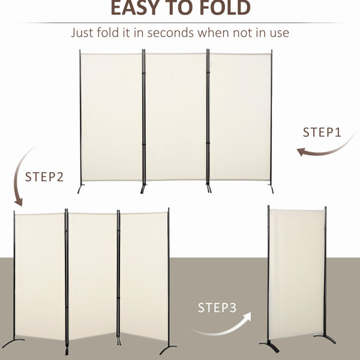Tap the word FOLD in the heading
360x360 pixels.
pyautogui.click(x=225, y=7)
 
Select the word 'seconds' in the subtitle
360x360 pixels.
pyautogui.click(x=170, y=32)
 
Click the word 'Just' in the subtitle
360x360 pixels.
pyautogui.click(x=82, y=32)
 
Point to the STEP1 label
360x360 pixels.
pyautogui.click(x=322, y=133)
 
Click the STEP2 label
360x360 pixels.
pyautogui.click(x=44, y=177)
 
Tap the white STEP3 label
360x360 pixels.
pyautogui.click(x=217, y=308)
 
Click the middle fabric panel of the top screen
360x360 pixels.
pyautogui.click(x=176, y=116)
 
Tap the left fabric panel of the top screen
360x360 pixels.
pyautogui.click(x=112, y=117)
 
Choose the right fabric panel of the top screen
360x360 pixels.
pyautogui.click(x=240, y=116)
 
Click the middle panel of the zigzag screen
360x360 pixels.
pyautogui.click(x=92, y=275)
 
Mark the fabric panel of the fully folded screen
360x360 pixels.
pyautogui.click(x=296, y=274)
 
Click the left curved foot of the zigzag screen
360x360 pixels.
pyautogui.click(x=13, y=343)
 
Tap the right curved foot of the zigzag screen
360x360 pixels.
pyautogui.click(x=167, y=349)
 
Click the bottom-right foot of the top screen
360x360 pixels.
pyautogui.click(x=271, y=188)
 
